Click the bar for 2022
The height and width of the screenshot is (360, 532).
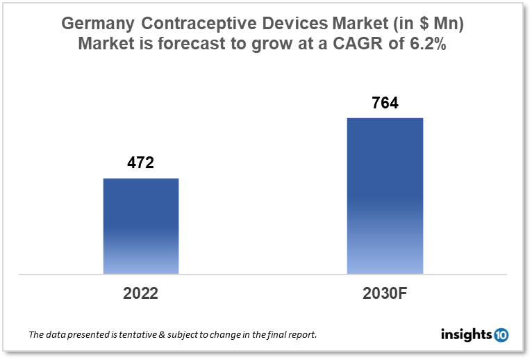[x=141, y=226]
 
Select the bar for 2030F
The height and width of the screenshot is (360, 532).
[x=385, y=195]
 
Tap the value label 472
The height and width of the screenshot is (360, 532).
[x=140, y=164]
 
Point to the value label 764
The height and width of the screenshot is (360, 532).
[x=385, y=104]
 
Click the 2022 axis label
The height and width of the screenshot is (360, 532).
[x=141, y=293]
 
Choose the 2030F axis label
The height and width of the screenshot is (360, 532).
[x=385, y=293]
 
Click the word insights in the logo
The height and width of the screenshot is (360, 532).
[x=466, y=335]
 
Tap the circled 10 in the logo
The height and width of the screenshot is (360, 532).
[x=501, y=335]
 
